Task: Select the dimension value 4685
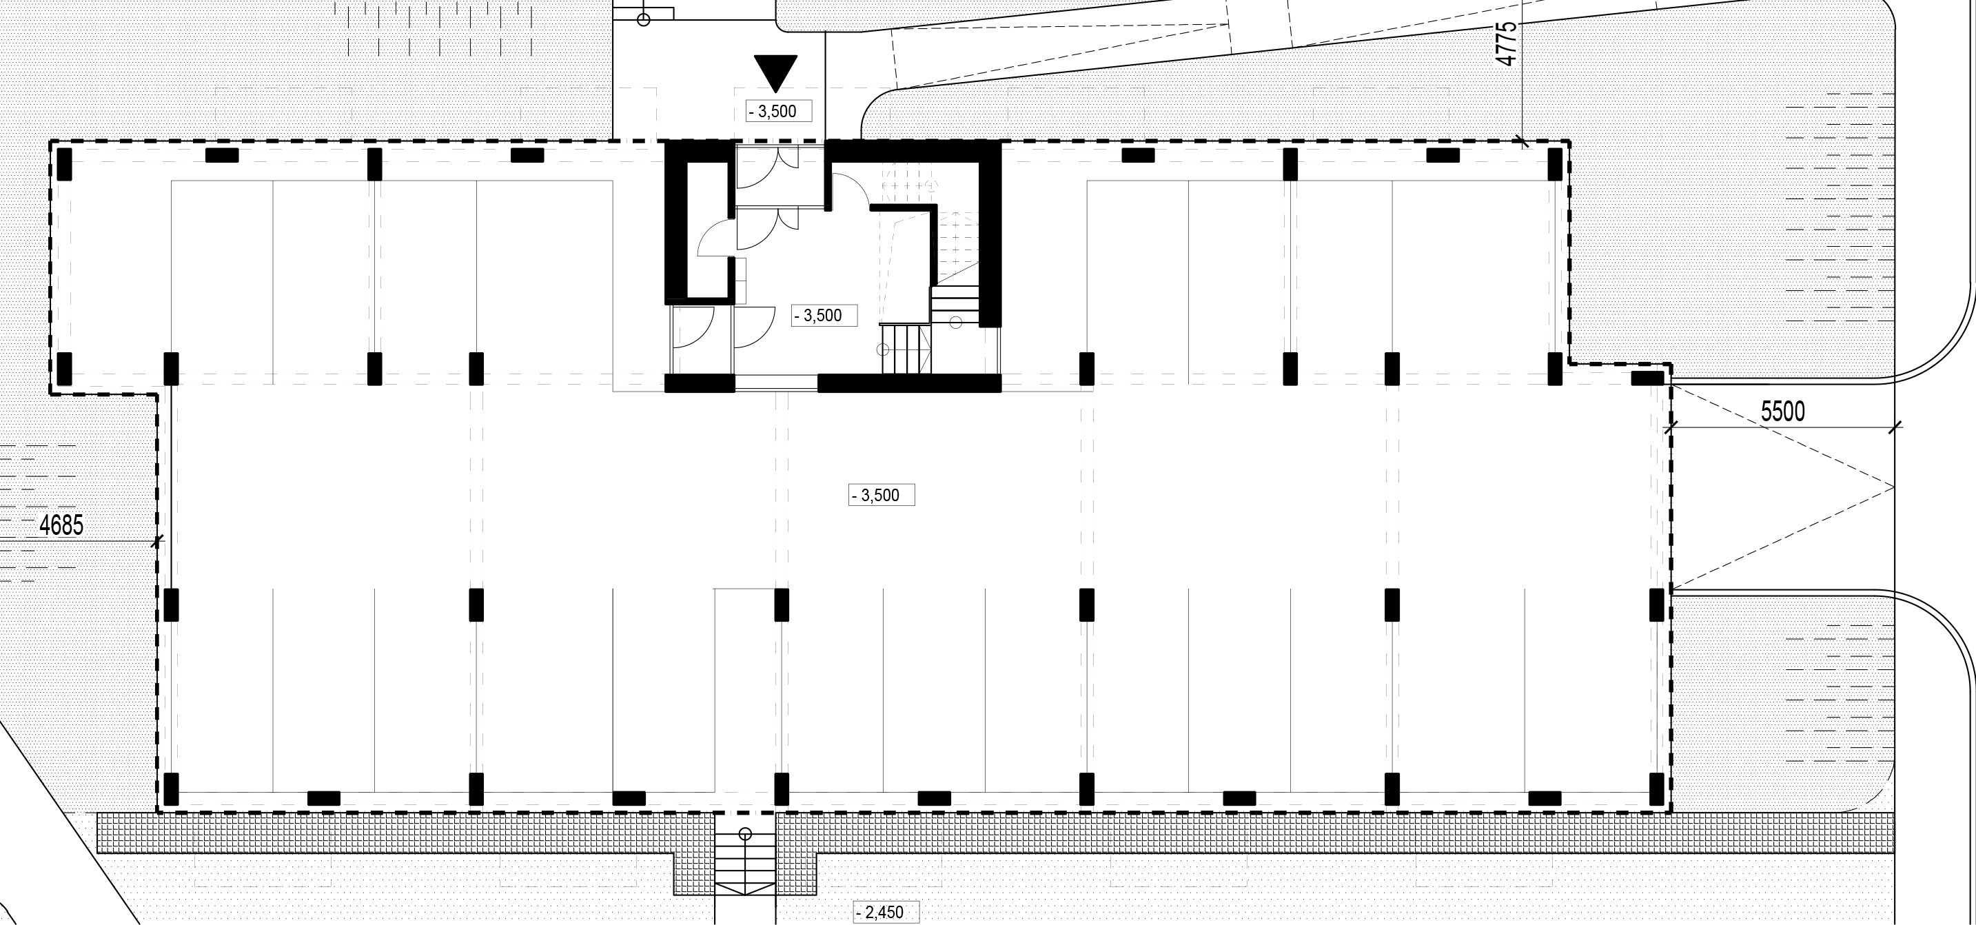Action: [61, 525]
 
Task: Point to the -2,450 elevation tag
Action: [885, 913]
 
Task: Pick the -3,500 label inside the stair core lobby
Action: [824, 315]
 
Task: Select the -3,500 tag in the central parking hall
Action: [882, 495]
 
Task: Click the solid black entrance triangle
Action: [775, 70]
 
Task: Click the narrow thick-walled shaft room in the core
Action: [697, 231]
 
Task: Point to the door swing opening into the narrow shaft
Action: [714, 238]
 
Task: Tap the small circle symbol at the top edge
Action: [644, 19]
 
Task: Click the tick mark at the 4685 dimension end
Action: [157, 542]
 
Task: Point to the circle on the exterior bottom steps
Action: [744, 834]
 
